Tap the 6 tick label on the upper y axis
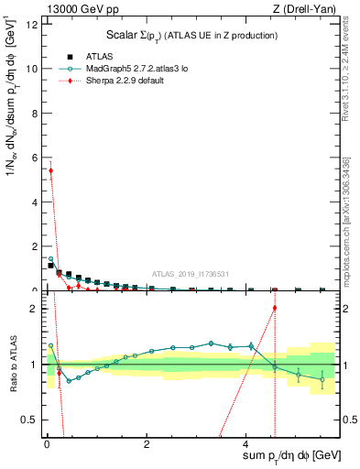coord(33,158)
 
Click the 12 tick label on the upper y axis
coord(30,24)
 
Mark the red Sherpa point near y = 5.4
coord(50,170)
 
